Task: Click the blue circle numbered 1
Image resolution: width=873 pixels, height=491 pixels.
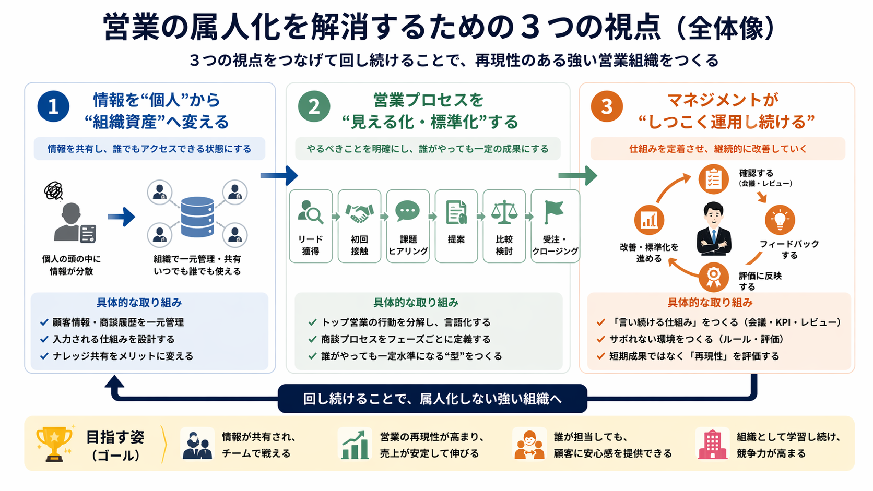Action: [53, 106]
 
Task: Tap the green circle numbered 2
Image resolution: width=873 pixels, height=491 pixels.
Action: [314, 106]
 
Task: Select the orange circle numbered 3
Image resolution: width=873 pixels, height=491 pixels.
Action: [606, 106]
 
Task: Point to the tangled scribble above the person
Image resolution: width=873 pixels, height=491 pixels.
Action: [53, 191]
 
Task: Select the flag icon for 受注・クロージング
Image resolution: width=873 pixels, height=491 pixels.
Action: [553, 211]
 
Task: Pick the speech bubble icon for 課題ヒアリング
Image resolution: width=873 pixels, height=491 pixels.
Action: [408, 211]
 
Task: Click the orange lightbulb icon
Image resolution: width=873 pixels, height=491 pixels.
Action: [780, 220]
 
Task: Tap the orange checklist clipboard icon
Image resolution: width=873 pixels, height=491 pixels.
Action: [713, 179]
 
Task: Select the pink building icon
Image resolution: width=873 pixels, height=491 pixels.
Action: [712, 445]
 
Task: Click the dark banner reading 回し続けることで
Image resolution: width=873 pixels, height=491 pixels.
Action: [432, 399]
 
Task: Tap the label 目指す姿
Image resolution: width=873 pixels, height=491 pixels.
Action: [115, 437]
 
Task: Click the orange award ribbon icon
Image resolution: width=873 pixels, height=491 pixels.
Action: [713, 276]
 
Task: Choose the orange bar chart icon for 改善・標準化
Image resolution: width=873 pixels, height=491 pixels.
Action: [649, 220]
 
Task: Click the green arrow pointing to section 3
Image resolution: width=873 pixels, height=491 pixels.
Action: [577, 175]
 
